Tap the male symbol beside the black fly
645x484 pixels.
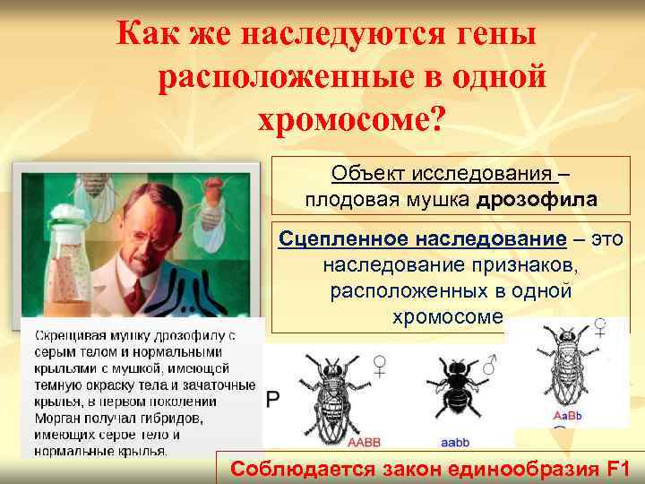point(490,366)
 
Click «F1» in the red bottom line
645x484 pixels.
point(617,469)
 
